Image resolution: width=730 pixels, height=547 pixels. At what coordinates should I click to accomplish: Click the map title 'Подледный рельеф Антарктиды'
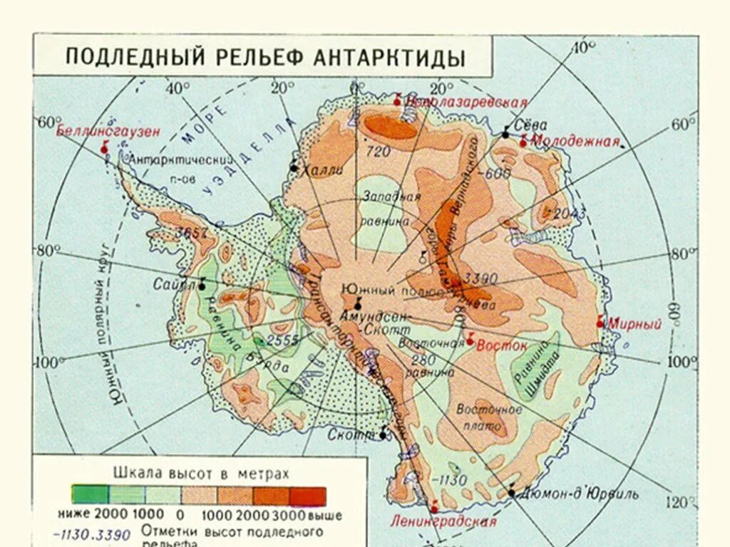click(265, 57)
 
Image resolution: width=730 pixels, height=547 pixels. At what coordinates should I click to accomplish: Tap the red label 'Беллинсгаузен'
click(108, 131)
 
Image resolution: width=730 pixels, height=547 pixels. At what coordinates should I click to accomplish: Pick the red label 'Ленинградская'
click(443, 521)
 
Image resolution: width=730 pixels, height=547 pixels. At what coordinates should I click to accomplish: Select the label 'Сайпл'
click(174, 284)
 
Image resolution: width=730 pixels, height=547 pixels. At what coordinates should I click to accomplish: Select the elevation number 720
click(379, 152)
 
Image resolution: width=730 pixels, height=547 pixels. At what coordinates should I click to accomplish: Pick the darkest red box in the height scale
click(308, 496)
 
